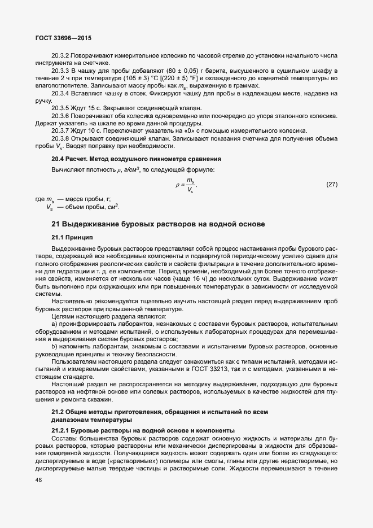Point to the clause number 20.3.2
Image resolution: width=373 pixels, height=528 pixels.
pyautogui.click(x=60, y=56)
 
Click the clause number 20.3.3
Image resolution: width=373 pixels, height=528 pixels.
pyautogui.click(x=60, y=71)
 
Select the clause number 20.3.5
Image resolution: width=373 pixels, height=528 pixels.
pyautogui.click(x=60, y=108)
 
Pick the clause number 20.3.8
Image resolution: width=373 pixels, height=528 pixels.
pyautogui.click(x=60, y=137)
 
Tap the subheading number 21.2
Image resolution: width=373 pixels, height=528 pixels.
pyautogui.click(x=59, y=412)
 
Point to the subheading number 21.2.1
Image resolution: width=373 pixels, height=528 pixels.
pyautogui.click(x=62, y=431)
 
